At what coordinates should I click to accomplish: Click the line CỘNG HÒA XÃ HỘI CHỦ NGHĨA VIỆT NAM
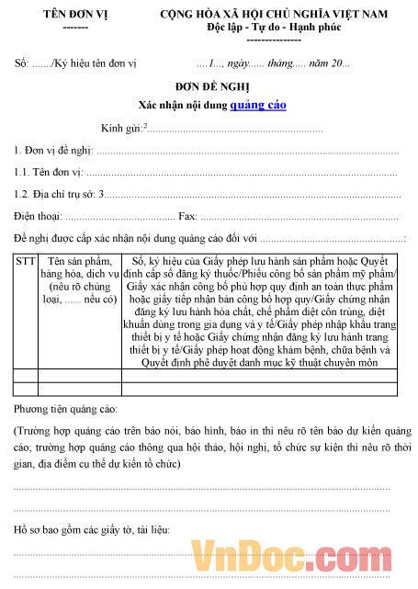pos(273,16)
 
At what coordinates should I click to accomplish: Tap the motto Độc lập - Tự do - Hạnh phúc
pos(273,28)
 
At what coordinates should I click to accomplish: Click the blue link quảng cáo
pos(259,105)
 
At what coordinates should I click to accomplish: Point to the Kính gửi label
pos(121,128)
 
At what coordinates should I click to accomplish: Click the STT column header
pos(26,261)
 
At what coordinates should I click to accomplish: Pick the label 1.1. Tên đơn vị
pos(48,172)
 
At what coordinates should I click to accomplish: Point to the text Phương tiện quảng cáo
pos(65,407)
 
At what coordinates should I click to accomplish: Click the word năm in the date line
pos(319,63)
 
